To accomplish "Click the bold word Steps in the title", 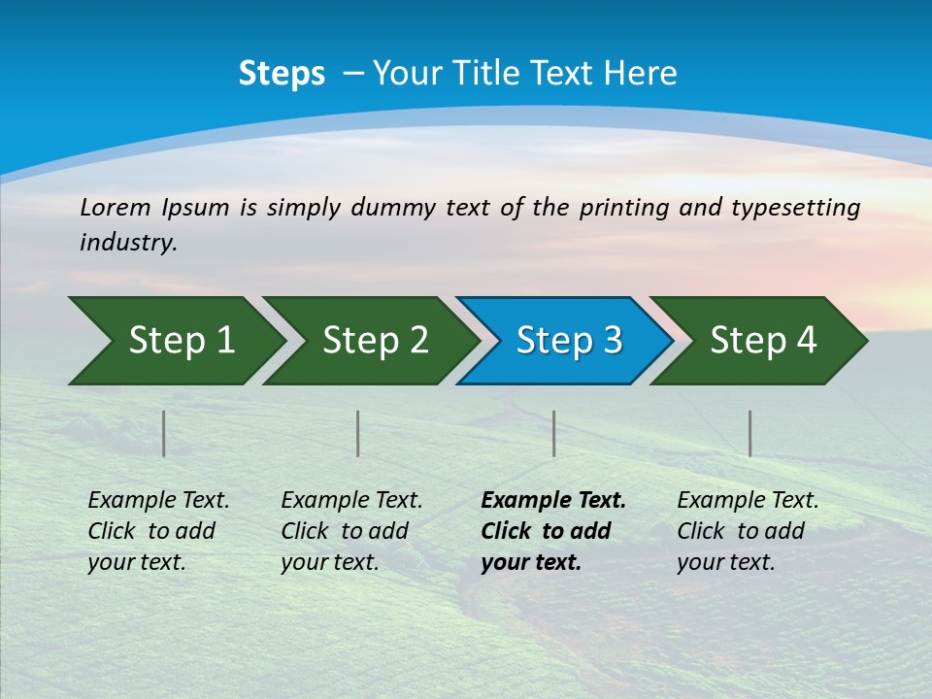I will [x=282, y=74].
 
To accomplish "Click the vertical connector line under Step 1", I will [x=163, y=433].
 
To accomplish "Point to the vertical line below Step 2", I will [x=357, y=433].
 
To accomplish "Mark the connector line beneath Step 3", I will [x=553, y=433].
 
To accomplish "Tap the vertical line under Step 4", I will [x=749, y=433].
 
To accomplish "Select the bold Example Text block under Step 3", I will [x=553, y=531].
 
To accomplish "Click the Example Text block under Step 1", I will [x=158, y=531].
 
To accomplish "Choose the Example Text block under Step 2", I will [x=351, y=531].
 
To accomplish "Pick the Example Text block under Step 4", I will [x=748, y=531].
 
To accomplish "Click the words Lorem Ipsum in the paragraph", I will [x=154, y=208].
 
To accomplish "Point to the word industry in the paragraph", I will [x=128, y=243].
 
